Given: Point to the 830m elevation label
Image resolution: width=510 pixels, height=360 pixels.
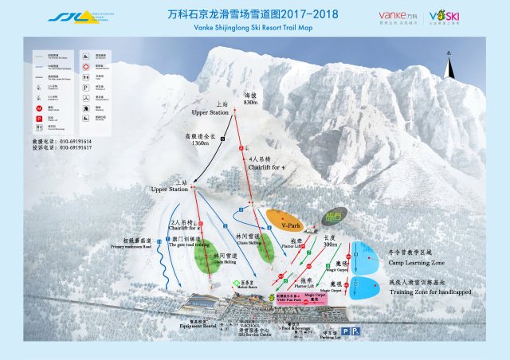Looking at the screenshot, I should click(x=251, y=104).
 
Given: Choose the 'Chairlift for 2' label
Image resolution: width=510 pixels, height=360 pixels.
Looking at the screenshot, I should click(x=188, y=228).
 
